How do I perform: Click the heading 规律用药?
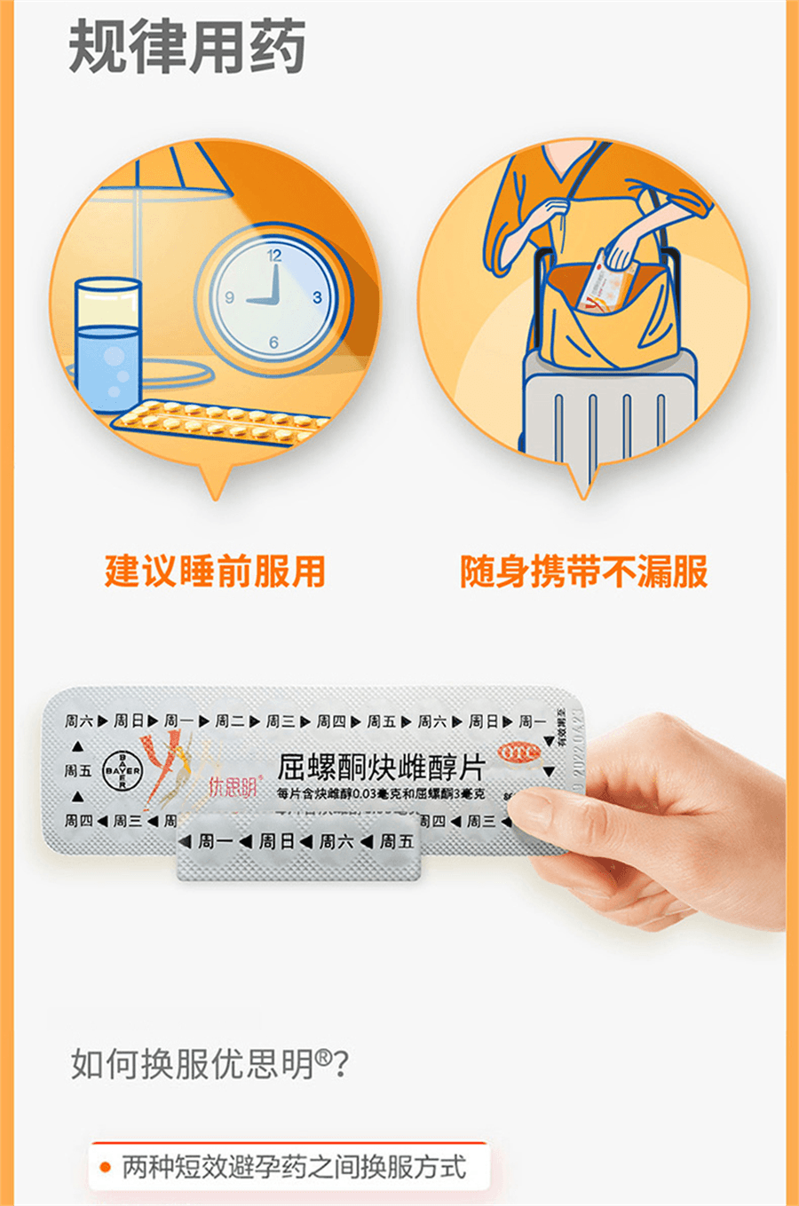(187, 46)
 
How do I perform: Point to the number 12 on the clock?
(273, 255)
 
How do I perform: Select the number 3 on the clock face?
(317, 297)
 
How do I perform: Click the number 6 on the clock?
(273, 342)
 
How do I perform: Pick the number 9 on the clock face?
(229, 298)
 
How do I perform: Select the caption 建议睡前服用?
(216, 571)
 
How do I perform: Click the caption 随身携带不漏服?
(584, 571)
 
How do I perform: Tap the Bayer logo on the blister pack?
(122, 770)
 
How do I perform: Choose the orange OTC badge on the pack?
(519, 753)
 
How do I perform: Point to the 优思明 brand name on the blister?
(233, 786)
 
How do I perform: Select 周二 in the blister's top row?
(230, 721)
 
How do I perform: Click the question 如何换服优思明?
(210, 1063)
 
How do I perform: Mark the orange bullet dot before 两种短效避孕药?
(106, 1167)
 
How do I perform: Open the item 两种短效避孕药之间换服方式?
(294, 1167)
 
